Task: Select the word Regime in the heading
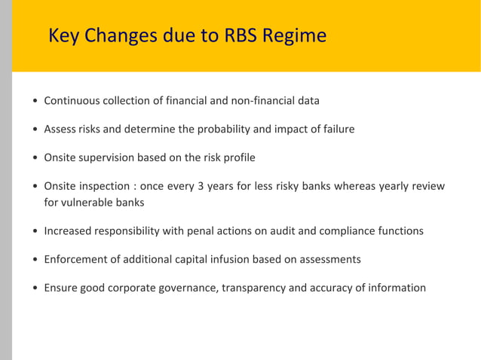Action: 299,35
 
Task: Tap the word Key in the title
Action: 63,35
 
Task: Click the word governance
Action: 185,288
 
